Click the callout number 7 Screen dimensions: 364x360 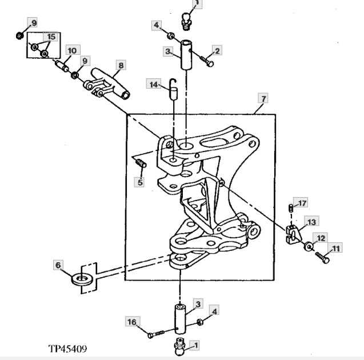263,99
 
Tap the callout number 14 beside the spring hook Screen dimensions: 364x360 154,84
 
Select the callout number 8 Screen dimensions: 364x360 121,66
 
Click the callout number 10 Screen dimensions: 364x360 72,50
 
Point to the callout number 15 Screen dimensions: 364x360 51,37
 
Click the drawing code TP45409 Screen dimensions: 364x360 68,349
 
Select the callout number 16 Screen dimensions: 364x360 132,322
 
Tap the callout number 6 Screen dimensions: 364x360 58,265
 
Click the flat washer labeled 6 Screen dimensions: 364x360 81,279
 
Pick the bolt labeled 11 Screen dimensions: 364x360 323,258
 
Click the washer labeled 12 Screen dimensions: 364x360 309,246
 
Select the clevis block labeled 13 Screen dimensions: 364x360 294,235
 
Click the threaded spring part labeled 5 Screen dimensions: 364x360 141,163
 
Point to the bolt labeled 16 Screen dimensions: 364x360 156,334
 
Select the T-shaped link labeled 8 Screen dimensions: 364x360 107,84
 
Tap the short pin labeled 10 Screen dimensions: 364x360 62,66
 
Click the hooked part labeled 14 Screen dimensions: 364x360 173,89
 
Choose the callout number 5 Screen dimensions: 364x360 140,182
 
